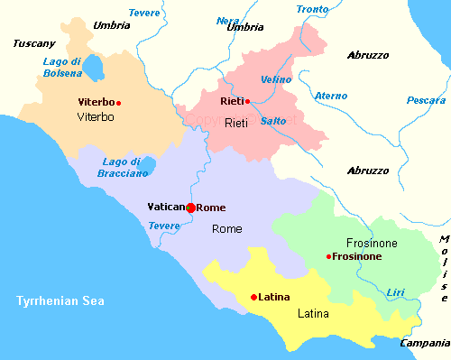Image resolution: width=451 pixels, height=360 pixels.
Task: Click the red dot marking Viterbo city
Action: pos(118,103)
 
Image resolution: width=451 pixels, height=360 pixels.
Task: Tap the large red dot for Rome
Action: pos(190,208)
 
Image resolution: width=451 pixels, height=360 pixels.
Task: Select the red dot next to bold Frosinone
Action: pos(328,257)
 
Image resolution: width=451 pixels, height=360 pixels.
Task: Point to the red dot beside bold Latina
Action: pos(253,297)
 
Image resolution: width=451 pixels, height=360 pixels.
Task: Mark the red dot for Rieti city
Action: pos(247,102)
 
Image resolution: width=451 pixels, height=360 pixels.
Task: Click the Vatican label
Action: pos(165,208)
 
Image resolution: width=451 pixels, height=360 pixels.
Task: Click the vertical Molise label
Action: pos(444,268)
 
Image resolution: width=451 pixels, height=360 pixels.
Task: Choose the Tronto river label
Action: pos(313,9)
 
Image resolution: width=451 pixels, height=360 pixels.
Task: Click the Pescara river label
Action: pos(426,100)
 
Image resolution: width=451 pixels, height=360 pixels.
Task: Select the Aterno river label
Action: pos(330,96)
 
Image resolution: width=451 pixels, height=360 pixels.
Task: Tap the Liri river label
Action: pos(395,291)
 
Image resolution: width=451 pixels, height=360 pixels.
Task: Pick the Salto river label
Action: pos(273,121)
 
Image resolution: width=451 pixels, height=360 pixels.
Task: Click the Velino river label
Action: pos(275,79)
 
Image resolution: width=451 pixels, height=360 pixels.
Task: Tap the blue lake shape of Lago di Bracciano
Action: pos(148,165)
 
